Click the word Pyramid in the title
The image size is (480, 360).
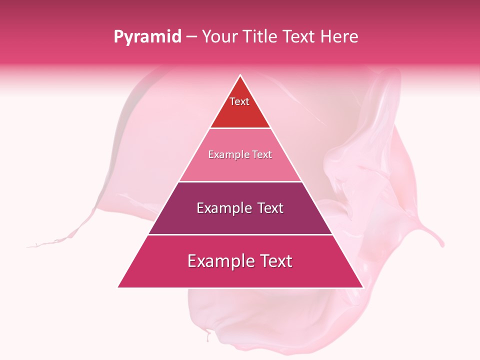[147, 37]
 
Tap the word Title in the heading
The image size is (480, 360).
[260, 36]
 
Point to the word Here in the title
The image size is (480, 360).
[340, 36]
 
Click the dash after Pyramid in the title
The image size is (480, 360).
[191, 37]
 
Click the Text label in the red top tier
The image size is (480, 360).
[239, 101]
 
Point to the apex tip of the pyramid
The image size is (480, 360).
[240, 75]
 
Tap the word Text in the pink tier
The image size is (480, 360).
[261, 154]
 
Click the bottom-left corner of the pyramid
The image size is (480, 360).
[118, 287]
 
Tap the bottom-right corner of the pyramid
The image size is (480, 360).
[363, 287]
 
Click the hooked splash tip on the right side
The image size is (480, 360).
[441, 245]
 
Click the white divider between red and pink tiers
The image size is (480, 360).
[240, 128]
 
